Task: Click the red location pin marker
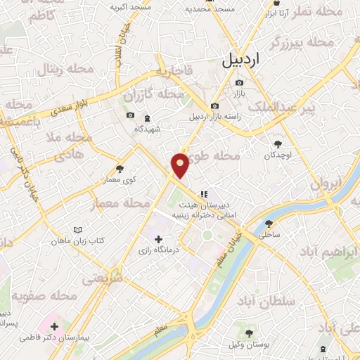(x=180, y=165)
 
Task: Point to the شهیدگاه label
(x=148, y=129)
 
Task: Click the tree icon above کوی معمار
(x=120, y=168)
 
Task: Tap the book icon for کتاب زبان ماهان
(x=78, y=230)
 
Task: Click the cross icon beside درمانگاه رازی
(x=157, y=239)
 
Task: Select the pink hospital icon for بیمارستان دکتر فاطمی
(x=55, y=326)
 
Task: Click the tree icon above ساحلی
(x=269, y=224)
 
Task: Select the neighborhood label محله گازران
(x=148, y=94)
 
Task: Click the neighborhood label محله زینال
(x=61, y=70)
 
